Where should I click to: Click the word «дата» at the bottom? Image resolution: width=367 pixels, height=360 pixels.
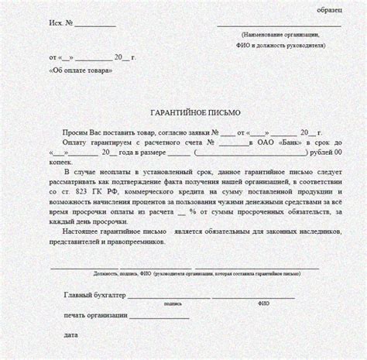tap(72, 335)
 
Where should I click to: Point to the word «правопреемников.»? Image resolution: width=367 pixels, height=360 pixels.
tap(137, 242)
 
